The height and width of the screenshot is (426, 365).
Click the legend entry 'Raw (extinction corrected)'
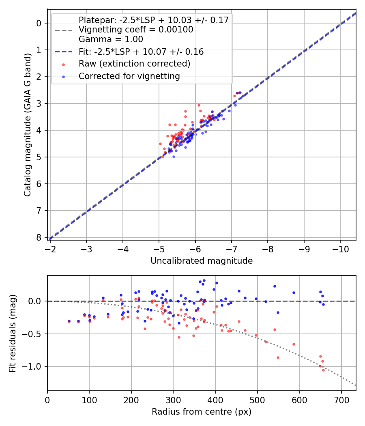point(134,64)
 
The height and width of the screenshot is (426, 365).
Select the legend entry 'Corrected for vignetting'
point(129,76)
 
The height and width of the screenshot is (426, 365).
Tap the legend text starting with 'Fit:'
point(141,52)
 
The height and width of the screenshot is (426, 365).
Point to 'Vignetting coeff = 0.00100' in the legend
point(136,30)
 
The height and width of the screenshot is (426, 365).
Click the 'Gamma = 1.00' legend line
point(111,39)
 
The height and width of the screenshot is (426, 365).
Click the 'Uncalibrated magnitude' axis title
point(202,261)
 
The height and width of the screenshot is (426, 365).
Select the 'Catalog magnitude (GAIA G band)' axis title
point(27,127)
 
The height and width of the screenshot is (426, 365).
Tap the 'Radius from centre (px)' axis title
point(202,412)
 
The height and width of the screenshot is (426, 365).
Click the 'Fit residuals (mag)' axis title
point(13,333)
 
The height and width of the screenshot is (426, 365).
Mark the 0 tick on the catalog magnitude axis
point(39,23)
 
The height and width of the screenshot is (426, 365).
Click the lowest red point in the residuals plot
point(324,370)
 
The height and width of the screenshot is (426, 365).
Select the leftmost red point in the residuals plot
point(69,321)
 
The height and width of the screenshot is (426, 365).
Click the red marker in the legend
point(63,64)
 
